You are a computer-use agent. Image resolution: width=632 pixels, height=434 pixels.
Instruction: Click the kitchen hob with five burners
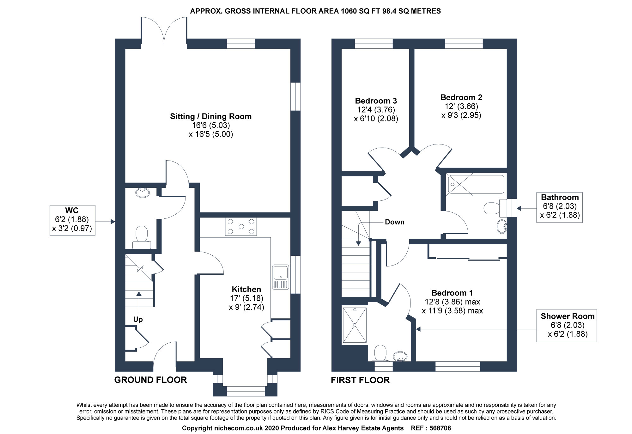241,227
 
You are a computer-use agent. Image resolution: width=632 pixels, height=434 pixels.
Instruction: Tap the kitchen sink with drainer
281,277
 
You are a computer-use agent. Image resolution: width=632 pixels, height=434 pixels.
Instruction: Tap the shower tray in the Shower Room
355,325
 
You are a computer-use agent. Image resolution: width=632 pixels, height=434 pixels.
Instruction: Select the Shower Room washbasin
400,356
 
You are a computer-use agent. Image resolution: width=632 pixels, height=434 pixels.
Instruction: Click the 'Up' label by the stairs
138,319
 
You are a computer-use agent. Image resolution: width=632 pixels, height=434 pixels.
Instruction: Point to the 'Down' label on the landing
394,222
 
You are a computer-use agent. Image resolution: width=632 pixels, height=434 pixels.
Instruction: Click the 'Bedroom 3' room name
376,101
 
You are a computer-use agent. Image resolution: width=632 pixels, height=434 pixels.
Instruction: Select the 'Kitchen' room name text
246,289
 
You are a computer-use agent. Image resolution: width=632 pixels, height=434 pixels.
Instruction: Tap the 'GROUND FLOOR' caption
150,380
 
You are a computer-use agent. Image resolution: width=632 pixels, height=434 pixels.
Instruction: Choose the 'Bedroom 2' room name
461,97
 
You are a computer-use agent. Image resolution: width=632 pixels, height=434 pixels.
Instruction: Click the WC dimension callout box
72,220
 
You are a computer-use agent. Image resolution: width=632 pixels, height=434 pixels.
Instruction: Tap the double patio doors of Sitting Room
164,30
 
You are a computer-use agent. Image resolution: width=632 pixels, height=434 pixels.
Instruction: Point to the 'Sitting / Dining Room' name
211,116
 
